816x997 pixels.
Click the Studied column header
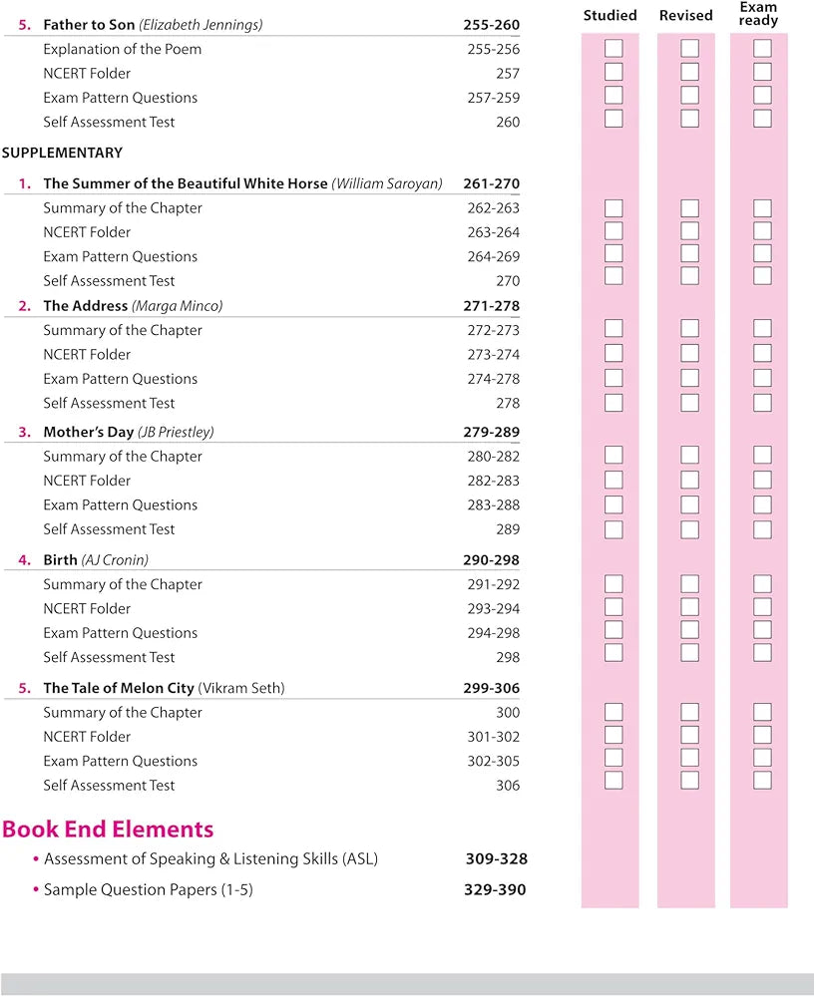point(610,15)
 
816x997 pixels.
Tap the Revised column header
point(685,15)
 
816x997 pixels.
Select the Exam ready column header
point(758,14)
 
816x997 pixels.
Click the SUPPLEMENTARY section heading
point(62,153)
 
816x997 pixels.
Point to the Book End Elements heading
point(108,829)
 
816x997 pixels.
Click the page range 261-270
point(491,183)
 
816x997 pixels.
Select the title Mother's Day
point(88,432)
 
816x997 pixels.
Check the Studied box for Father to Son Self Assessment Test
point(613,119)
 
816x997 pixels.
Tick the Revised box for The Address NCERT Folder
point(689,353)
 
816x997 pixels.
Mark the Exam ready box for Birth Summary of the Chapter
point(762,584)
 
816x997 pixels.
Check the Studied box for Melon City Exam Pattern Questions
point(613,758)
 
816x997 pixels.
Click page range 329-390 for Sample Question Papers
point(495,889)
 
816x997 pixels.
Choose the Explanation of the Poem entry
point(121,49)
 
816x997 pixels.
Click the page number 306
point(507,785)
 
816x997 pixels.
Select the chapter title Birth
point(60,559)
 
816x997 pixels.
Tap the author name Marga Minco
point(177,305)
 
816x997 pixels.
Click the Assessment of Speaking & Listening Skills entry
point(210,858)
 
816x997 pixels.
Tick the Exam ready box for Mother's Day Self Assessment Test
point(762,529)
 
